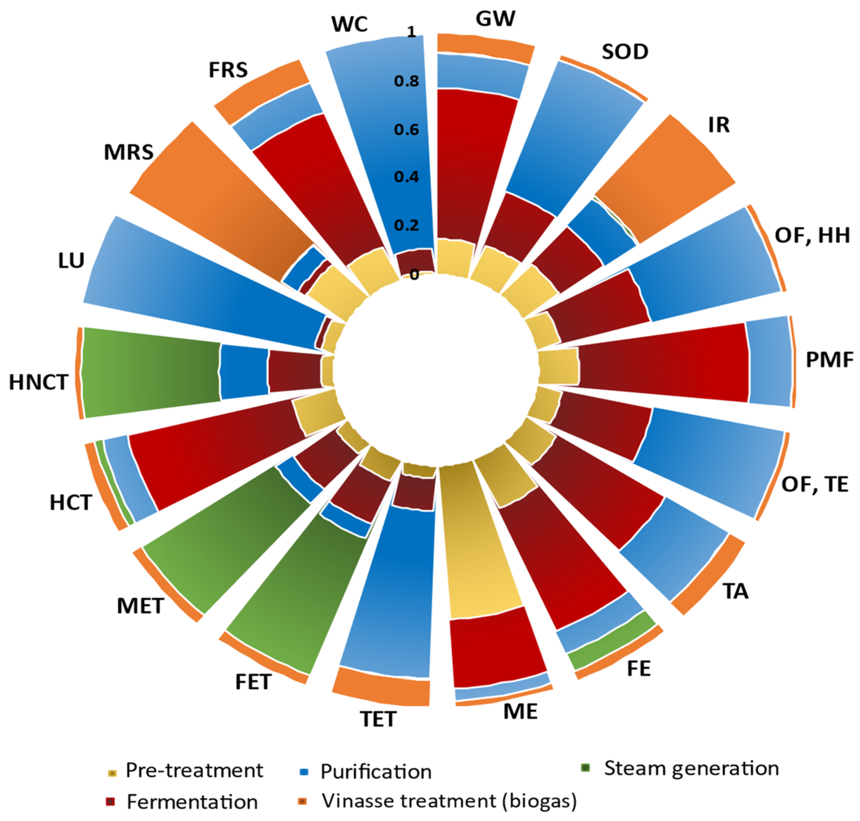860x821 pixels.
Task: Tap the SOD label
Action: [625, 52]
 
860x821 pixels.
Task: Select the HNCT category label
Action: [39, 383]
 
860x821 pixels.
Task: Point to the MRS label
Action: [129, 152]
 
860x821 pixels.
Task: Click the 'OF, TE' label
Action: [815, 485]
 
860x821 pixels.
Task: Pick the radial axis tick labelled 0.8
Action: [406, 81]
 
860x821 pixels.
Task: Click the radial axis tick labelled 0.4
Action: [406, 177]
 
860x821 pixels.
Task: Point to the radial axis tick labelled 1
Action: [411, 32]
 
